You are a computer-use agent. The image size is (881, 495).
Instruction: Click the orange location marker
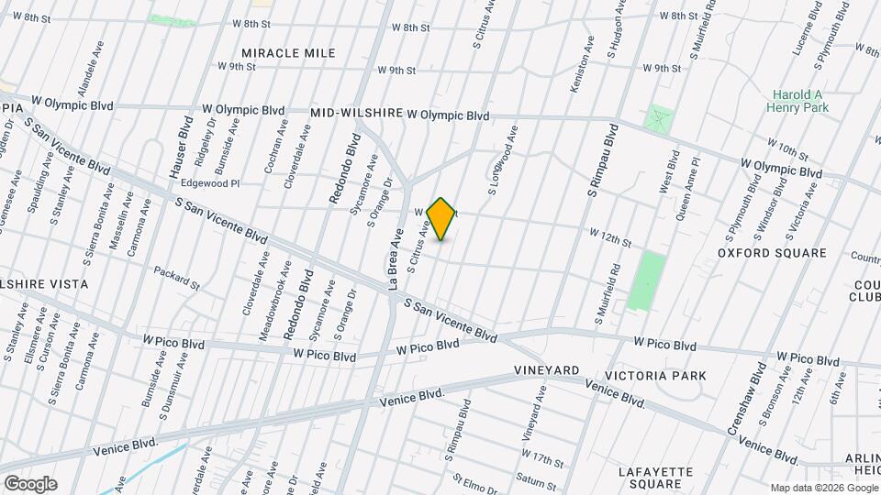point(441,218)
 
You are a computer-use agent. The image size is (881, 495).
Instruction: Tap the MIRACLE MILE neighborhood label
point(288,53)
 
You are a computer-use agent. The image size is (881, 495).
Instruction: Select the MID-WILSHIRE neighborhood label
point(357,113)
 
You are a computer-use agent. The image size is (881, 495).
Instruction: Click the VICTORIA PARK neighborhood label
point(655,376)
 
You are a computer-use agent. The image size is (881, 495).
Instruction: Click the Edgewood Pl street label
point(210,183)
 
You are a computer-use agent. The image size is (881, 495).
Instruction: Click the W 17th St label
point(542,454)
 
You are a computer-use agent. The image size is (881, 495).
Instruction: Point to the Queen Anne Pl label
point(686,188)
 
